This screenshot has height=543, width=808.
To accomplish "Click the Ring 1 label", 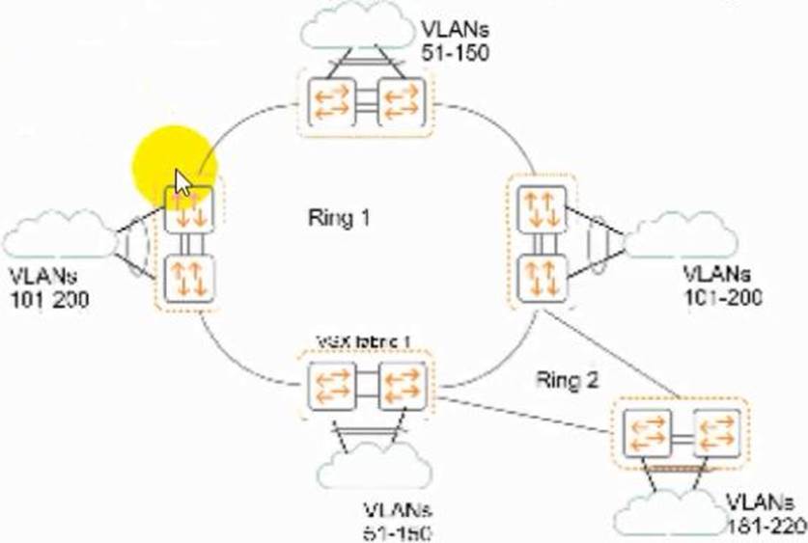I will pyautogui.click(x=339, y=217).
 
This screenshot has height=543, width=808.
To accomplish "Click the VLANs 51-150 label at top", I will pyautogui.click(x=455, y=38).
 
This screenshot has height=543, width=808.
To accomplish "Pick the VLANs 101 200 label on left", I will pyautogui.click(x=48, y=287).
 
